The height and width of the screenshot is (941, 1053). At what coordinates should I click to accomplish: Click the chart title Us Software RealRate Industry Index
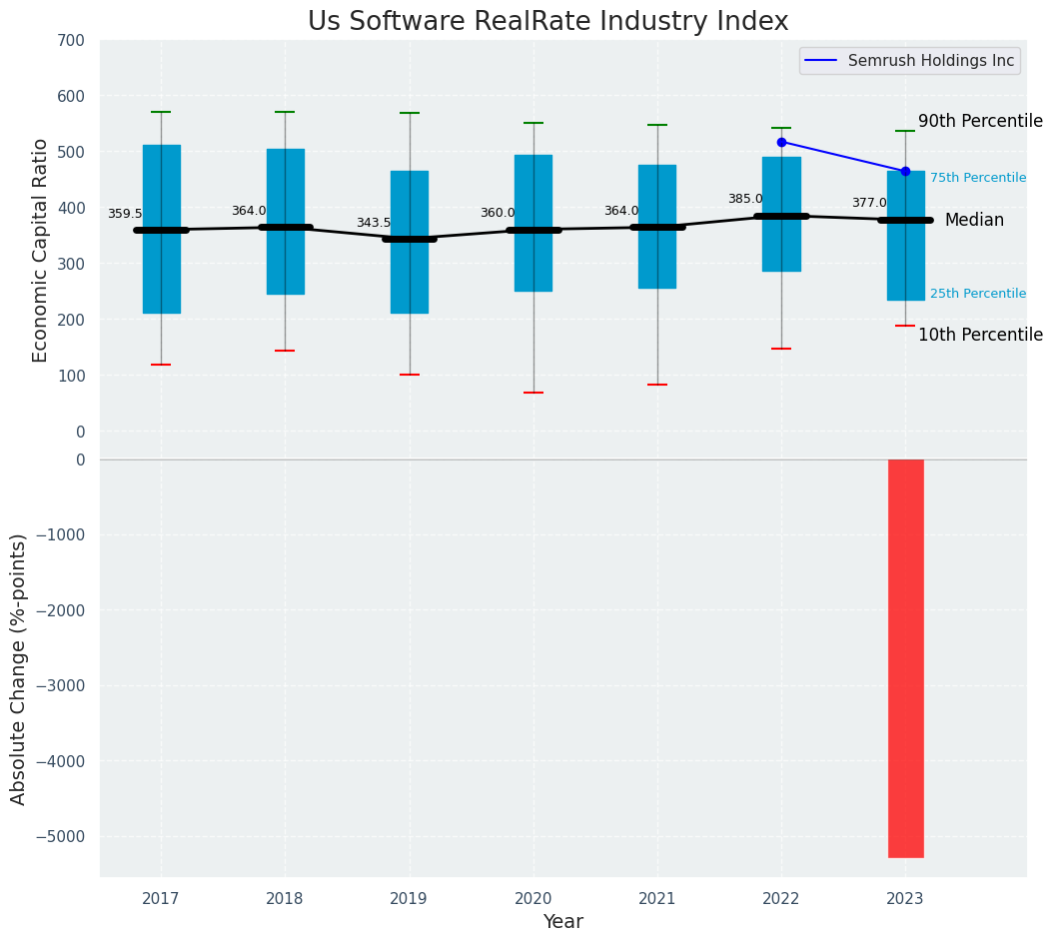click(x=547, y=22)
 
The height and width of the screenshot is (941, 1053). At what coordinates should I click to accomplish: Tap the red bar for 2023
click(x=905, y=658)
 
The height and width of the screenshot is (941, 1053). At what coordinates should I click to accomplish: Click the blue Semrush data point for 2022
click(x=781, y=142)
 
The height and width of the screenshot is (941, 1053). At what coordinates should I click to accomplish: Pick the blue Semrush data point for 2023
click(x=905, y=171)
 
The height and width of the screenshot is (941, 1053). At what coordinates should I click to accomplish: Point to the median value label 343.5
click(x=374, y=223)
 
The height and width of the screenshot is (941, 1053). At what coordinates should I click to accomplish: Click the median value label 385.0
click(x=745, y=199)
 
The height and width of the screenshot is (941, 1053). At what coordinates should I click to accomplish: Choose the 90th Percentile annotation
click(x=980, y=121)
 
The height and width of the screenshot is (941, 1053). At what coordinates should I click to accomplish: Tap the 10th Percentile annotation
click(x=980, y=335)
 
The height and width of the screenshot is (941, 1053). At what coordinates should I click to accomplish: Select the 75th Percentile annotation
click(x=978, y=178)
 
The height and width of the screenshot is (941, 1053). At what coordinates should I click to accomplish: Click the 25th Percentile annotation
click(x=978, y=294)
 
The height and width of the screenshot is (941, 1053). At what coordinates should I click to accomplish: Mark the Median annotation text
click(x=974, y=220)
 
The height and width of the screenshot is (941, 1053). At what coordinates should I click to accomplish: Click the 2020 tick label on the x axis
click(x=533, y=899)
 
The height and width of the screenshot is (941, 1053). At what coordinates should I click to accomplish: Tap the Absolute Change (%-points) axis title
click(x=19, y=668)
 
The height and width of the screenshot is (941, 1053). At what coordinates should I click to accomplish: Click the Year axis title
click(x=563, y=922)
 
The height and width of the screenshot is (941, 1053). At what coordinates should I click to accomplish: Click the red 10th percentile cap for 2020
click(x=533, y=393)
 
